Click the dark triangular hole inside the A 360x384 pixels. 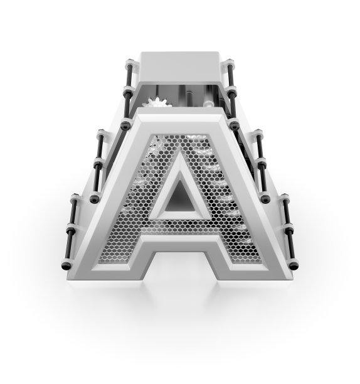[181, 199]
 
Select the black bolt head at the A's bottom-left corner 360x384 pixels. [66, 265]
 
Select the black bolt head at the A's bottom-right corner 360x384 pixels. [293, 265]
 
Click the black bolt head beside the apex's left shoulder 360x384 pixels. [125, 125]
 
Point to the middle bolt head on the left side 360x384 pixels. [95, 198]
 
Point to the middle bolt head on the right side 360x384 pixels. [265, 198]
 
